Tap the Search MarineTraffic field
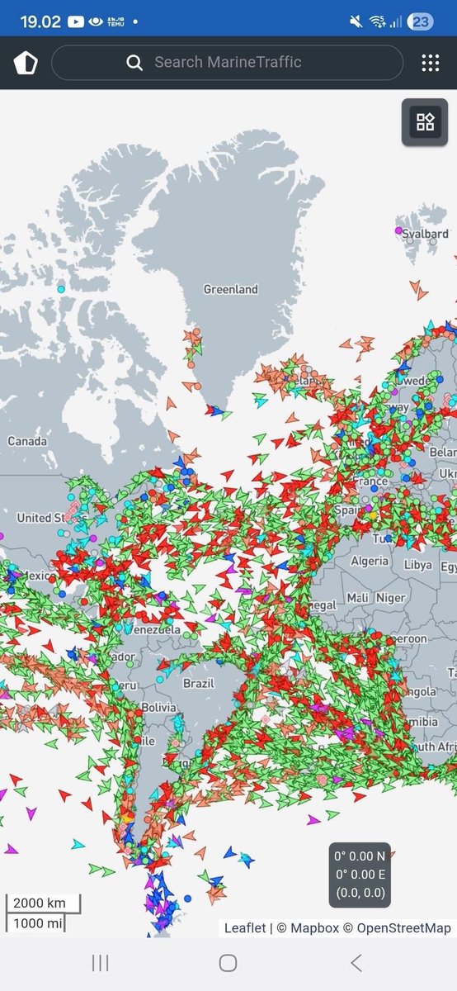coord(227,62)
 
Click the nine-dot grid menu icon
coord(430,63)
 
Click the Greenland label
coord(231,289)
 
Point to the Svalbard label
coord(426,234)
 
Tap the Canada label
coord(27,441)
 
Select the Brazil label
coord(199,683)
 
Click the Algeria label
coord(369,561)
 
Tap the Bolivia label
coord(158,708)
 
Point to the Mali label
coord(358,597)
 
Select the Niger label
coord(391,597)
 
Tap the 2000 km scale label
coord(40,902)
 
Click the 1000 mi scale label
coord(40,922)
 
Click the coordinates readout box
coord(359,875)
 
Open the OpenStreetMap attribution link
coord(404,928)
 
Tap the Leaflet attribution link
coord(245,928)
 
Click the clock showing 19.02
coord(40,21)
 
